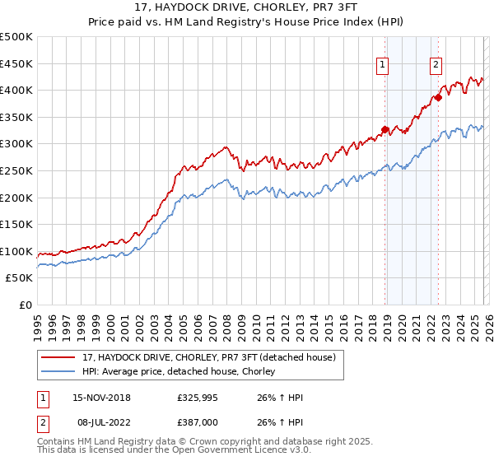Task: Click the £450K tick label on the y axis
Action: pyautogui.click(x=16, y=63)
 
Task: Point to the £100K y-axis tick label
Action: pyautogui.click(x=16, y=251)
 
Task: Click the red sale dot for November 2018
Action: pyautogui.click(x=384, y=129)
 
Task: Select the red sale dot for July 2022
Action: pyautogui.click(x=438, y=97)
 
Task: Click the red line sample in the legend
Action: pyautogui.click(x=58, y=358)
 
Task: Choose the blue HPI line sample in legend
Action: pyautogui.click(x=58, y=372)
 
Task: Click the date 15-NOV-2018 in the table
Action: pyautogui.click(x=96, y=398)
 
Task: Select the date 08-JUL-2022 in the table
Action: pyautogui.click(x=96, y=421)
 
